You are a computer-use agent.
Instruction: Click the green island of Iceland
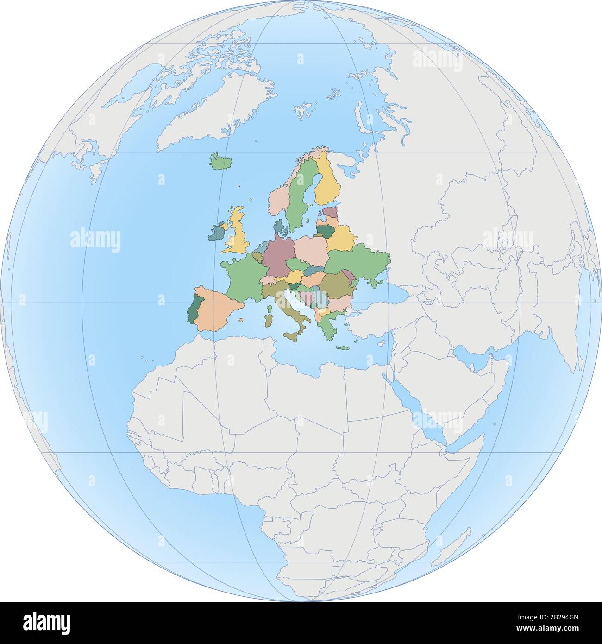tap(221, 163)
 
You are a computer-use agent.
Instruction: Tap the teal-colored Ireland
tap(216, 232)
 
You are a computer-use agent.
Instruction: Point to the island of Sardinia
tap(269, 320)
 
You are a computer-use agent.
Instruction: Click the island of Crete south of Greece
tap(343, 348)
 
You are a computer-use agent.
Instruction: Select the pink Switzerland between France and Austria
tap(268, 280)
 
